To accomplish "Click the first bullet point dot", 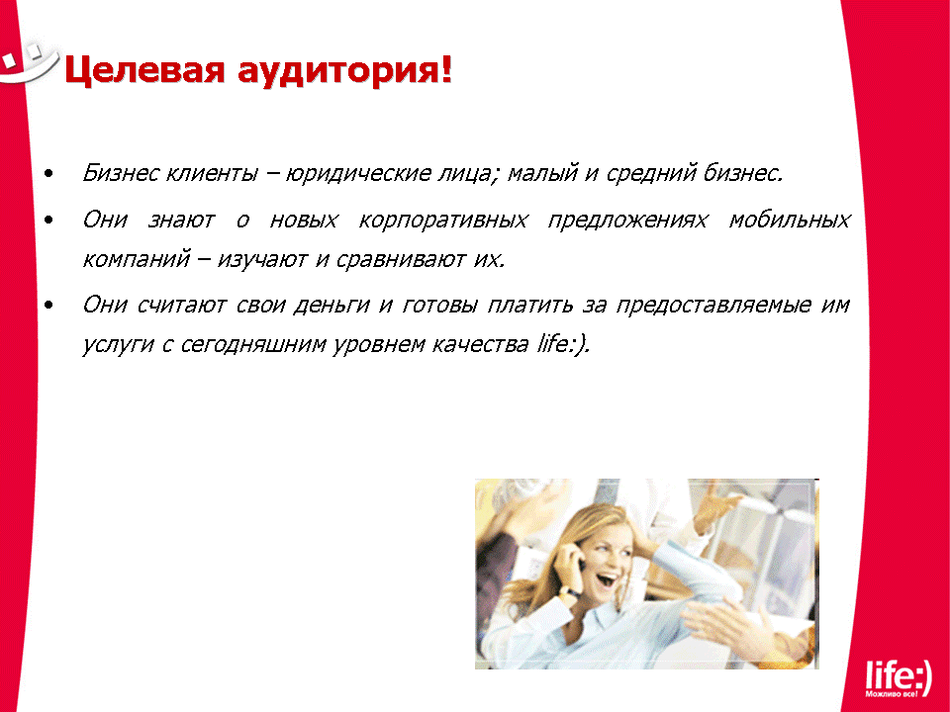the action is tap(49, 174).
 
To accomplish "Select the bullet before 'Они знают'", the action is tap(49, 221).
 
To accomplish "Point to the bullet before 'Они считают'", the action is tap(49, 306).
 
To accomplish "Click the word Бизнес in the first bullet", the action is tap(120, 172).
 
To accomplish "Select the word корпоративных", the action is tap(443, 221).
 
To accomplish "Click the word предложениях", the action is tap(627, 221).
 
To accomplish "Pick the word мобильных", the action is tap(790, 220).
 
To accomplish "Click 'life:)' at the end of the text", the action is tap(562, 344).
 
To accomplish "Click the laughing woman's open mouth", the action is tap(606, 579).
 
